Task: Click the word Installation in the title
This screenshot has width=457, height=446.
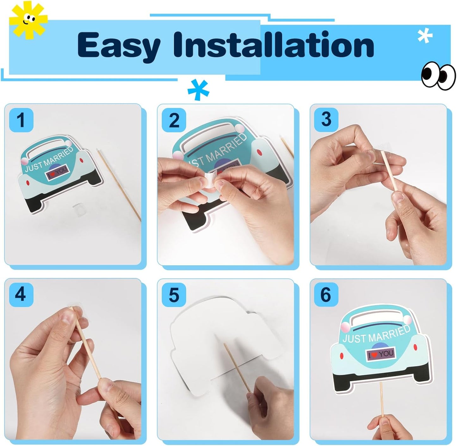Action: [274, 45]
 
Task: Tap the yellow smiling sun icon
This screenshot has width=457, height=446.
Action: [28, 20]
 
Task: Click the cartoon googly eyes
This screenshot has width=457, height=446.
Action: [438, 76]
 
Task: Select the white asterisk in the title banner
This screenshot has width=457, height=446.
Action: [425, 36]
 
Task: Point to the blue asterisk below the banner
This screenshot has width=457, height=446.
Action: [198, 90]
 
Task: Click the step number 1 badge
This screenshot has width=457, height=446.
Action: [21, 120]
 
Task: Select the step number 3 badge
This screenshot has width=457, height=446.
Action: [326, 120]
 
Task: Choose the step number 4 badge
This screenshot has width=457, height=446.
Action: [21, 294]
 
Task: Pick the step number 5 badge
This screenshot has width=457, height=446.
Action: [174, 295]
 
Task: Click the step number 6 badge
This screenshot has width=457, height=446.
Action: [326, 294]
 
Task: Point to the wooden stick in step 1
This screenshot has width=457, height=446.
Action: [119, 185]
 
